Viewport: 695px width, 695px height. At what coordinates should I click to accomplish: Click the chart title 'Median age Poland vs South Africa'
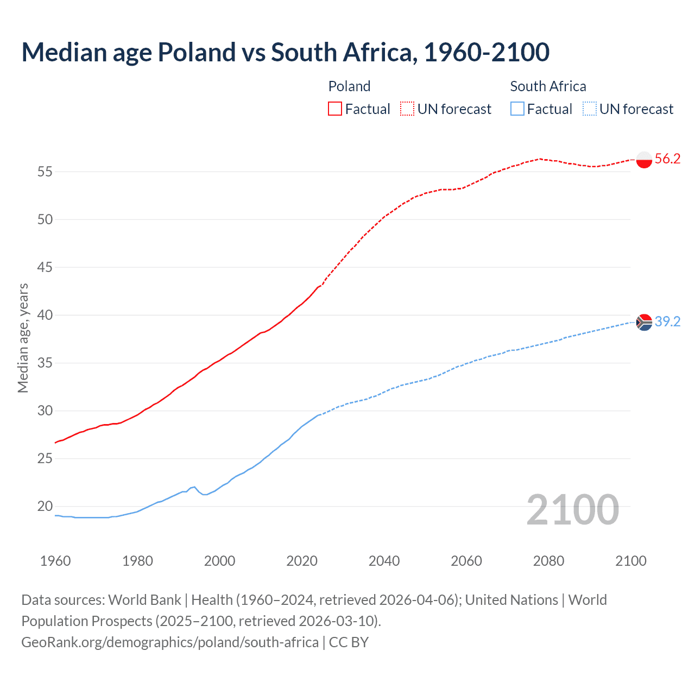(285, 53)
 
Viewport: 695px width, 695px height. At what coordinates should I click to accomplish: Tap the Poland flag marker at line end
(644, 160)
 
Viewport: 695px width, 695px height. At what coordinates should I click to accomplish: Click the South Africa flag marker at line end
(644, 322)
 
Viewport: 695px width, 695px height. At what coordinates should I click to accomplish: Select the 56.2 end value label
(667, 159)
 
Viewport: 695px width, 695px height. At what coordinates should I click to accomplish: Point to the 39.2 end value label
(667, 322)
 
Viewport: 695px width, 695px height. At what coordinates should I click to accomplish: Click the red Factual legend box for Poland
(335, 109)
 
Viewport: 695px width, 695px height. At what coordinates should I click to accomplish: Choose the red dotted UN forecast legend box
(407, 109)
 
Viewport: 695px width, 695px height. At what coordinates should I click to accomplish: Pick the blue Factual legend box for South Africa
(517, 109)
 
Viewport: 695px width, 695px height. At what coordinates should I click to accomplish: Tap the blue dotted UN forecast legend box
(589, 109)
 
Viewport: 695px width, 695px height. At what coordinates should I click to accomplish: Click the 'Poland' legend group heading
(349, 86)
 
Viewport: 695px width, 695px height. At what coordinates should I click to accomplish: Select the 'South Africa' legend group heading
(548, 86)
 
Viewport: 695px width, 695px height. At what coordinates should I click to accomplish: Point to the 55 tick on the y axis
(45, 172)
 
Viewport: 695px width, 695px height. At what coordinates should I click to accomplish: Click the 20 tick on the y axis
(45, 507)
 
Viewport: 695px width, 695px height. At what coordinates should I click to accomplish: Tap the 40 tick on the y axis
(45, 315)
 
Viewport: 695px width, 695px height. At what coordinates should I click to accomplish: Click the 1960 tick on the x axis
(55, 561)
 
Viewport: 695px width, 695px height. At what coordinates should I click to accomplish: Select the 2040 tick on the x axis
(384, 561)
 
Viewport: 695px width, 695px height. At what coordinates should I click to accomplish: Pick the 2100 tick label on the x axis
(630, 561)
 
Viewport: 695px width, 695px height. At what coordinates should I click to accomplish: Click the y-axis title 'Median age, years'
(23, 338)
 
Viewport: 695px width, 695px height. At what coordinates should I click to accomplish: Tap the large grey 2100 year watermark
(573, 509)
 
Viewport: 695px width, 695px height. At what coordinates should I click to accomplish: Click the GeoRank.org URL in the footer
(170, 642)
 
